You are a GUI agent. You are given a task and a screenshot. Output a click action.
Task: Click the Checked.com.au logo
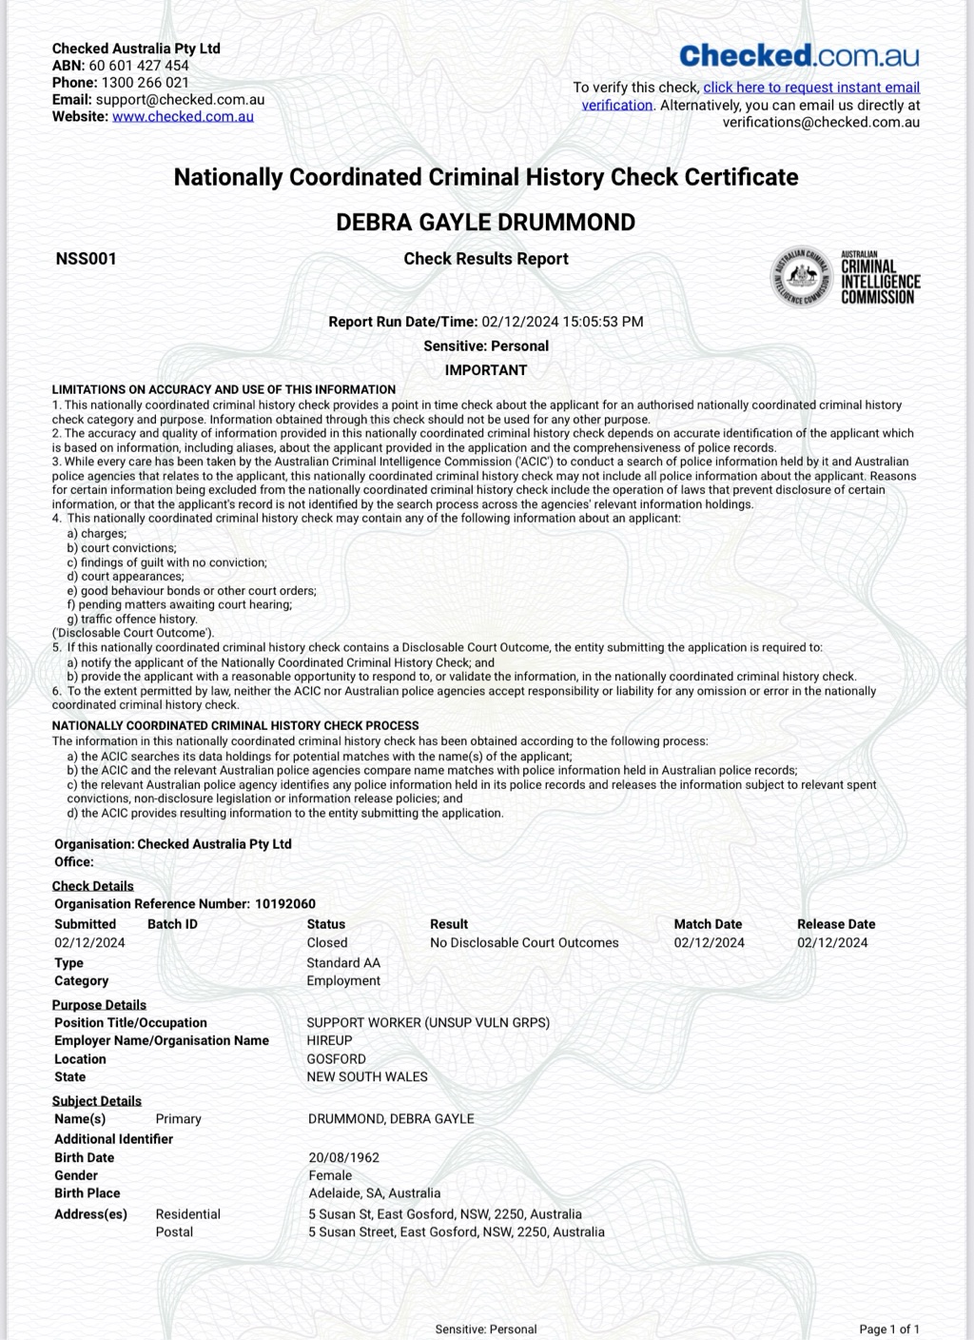(x=799, y=55)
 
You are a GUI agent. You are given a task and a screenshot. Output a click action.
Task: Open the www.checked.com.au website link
(x=183, y=117)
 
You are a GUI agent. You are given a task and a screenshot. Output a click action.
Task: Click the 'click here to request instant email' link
(x=811, y=88)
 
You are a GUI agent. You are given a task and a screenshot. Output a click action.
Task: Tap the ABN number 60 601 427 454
(x=139, y=66)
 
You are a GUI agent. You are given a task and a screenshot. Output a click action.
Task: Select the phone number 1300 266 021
(x=146, y=83)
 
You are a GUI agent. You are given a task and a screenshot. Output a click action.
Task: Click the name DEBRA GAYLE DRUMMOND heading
(x=486, y=223)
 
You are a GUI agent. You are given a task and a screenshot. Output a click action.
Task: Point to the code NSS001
(x=86, y=259)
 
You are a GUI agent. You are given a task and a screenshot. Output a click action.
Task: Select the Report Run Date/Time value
(x=562, y=322)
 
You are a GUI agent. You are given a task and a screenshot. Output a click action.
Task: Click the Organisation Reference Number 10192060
(x=285, y=904)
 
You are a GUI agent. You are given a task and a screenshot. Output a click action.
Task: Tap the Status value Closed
(x=327, y=943)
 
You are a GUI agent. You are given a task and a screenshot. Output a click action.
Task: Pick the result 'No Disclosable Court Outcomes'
(x=524, y=943)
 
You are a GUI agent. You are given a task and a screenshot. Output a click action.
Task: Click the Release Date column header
(x=836, y=924)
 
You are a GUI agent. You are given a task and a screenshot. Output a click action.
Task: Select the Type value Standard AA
(x=343, y=963)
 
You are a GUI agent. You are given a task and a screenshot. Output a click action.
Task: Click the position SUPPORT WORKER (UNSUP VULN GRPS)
(x=428, y=1023)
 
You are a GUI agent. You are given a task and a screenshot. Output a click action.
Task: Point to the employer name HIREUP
(x=329, y=1041)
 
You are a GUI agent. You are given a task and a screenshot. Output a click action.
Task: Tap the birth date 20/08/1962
(x=344, y=1158)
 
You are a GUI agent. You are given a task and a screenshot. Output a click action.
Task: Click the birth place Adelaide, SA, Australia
(x=375, y=1193)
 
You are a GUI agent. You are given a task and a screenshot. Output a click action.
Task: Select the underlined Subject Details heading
(x=97, y=1101)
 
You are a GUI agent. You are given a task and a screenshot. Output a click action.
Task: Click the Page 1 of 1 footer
(x=889, y=1330)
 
